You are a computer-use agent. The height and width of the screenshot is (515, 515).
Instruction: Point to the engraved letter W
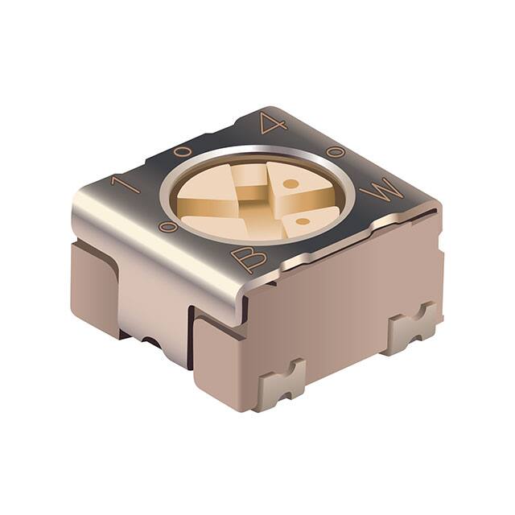pos(378,193)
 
